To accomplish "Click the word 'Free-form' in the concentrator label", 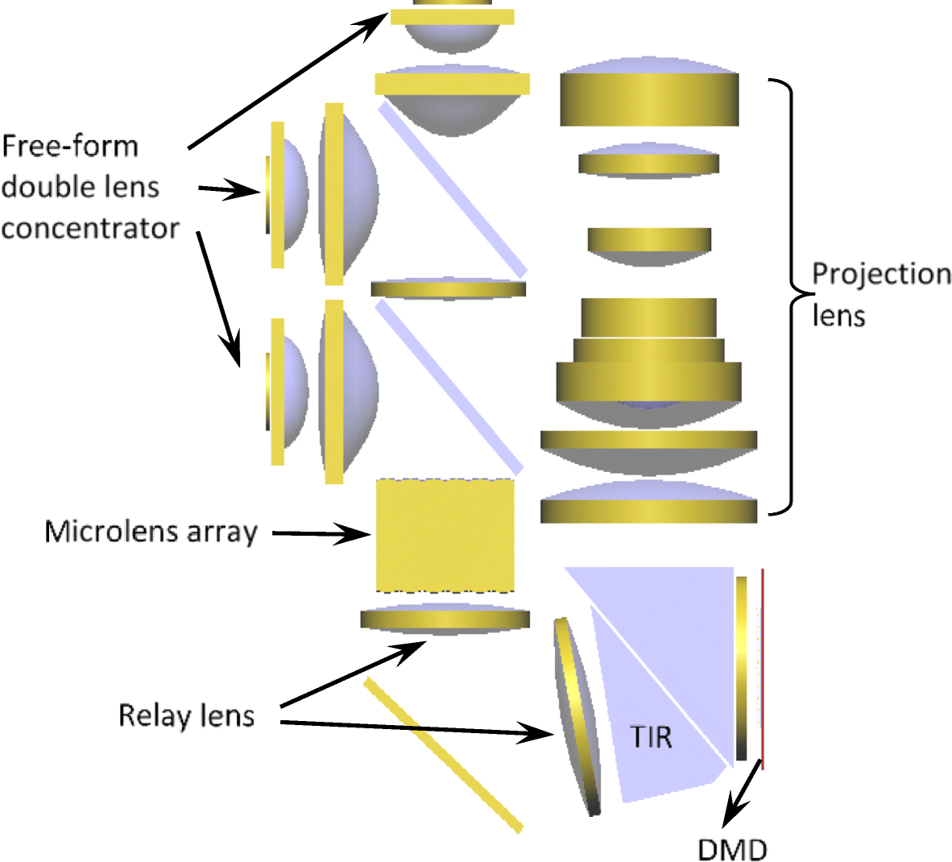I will pyautogui.click(x=70, y=147).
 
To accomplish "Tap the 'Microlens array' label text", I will pyautogui.click(x=151, y=532).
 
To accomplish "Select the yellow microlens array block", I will pyautogui.click(x=445, y=536).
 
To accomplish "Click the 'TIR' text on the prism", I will pyautogui.click(x=651, y=736).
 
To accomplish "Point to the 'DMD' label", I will pyautogui.click(x=732, y=848).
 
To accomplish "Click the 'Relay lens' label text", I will pyautogui.click(x=186, y=715).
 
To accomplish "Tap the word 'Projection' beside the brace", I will pyautogui.click(x=881, y=274).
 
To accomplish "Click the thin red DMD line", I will pyautogui.click(x=762, y=669).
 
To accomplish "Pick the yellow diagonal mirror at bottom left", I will pyautogui.click(x=443, y=755).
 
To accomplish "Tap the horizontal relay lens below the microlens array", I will pyautogui.click(x=445, y=619).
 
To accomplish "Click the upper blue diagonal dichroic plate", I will pyautogui.click(x=453, y=189).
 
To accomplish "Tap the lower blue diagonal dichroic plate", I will pyautogui.click(x=449, y=387).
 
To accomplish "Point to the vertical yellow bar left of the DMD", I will pyautogui.click(x=741, y=669).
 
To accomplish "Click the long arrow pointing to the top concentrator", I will pyautogui.click(x=286, y=81).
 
